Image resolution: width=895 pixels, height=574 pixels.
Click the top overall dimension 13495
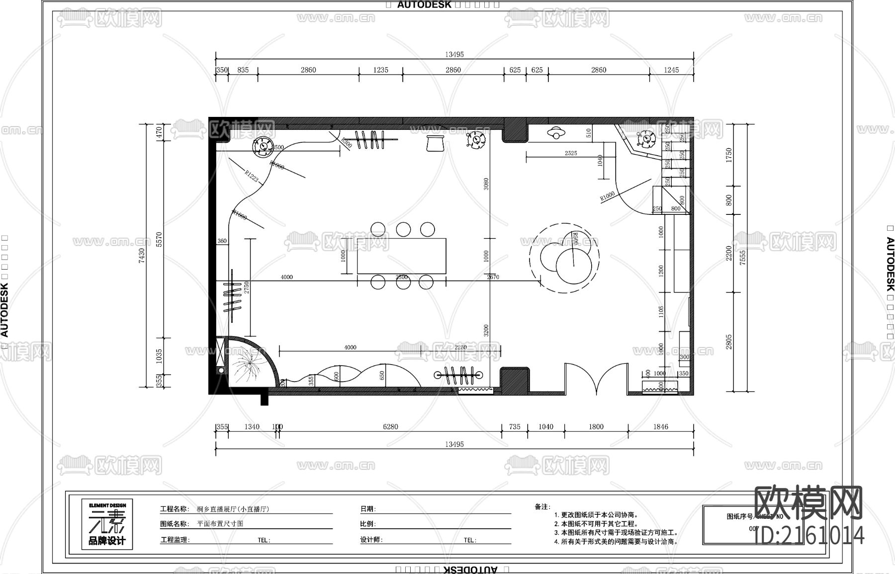tap(454, 55)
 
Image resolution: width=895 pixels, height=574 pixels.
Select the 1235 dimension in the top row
tap(380, 70)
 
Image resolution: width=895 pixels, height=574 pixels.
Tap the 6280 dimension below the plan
tap(390, 427)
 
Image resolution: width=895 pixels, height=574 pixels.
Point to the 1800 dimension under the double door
tap(596, 427)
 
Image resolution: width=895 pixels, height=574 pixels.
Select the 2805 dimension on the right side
tap(729, 342)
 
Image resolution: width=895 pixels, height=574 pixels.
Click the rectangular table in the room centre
tap(401, 256)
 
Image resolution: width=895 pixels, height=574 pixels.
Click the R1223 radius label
tap(252, 176)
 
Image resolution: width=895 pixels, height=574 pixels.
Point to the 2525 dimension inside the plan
tap(571, 153)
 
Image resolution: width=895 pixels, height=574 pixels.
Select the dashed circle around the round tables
tap(565, 257)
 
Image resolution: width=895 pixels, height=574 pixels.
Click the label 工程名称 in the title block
tap(174, 509)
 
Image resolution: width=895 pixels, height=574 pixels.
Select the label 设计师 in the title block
tap(371, 540)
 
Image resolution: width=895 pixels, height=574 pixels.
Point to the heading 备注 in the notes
tap(542, 507)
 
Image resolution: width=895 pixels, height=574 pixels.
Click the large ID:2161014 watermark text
tap(809, 536)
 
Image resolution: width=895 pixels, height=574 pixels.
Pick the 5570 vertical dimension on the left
tap(160, 239)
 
